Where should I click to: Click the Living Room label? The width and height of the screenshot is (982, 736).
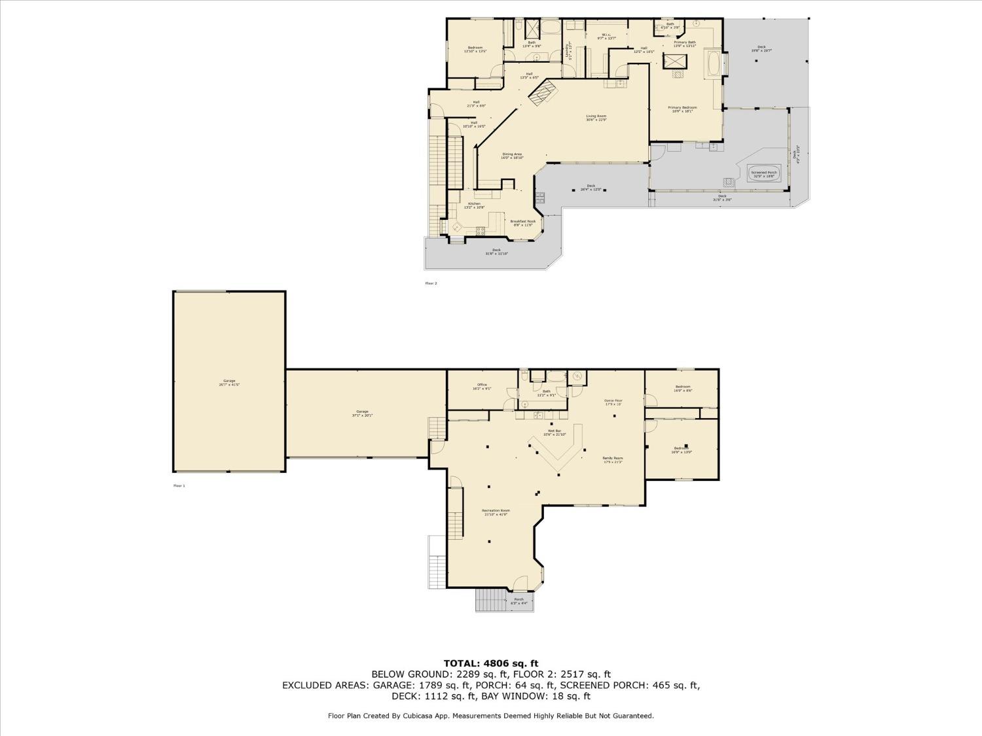coord(596,118)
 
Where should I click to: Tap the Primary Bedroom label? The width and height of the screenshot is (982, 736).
coord(682,109)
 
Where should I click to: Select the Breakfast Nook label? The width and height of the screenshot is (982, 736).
coord(523,222)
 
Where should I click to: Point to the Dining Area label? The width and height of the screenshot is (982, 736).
coord(512,156)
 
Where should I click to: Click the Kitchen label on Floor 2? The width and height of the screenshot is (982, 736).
coord(474,205)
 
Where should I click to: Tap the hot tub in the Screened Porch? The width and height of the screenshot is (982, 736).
coord(763,173)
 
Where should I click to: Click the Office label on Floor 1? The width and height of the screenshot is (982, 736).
coord(482,387)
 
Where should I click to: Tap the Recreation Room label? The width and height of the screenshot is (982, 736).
coord(496,512)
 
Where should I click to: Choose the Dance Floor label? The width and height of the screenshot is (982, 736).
coord(613,402)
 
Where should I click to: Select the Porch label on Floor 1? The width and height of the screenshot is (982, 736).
coord(518,601)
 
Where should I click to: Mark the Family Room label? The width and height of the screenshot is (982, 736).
coord(613,460)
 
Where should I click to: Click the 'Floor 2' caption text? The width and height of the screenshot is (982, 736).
coord(431,283)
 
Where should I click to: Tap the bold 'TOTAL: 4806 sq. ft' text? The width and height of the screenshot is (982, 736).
coord(490,663)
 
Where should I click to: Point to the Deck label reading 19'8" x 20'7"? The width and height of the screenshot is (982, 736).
coord(761,48)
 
